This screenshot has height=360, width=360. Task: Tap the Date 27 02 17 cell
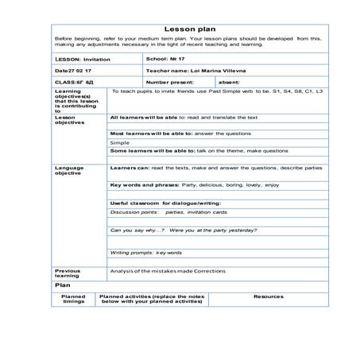click(x=74, y=70)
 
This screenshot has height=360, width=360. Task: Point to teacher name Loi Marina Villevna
click(x=194, y=70)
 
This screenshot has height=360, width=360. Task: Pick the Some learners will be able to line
click(x=178, y=150)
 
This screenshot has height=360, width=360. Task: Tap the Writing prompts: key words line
click(x=146, y=253)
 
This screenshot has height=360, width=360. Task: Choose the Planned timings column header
click(x=74, y=300)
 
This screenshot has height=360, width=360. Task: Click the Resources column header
click(x=268, y=296)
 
